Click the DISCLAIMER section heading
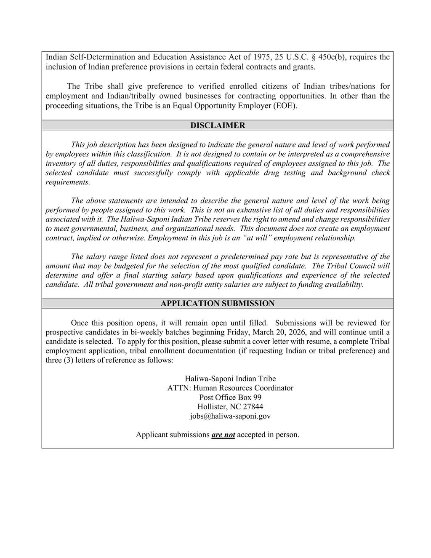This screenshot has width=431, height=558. [x=218, y=125]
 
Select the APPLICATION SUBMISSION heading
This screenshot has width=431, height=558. [x=218, y=304]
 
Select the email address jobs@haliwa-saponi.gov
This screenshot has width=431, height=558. [x=230, y=416]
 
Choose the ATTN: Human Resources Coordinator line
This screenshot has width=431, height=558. [x=230, y=388]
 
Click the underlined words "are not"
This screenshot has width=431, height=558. [x=223, y=435]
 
